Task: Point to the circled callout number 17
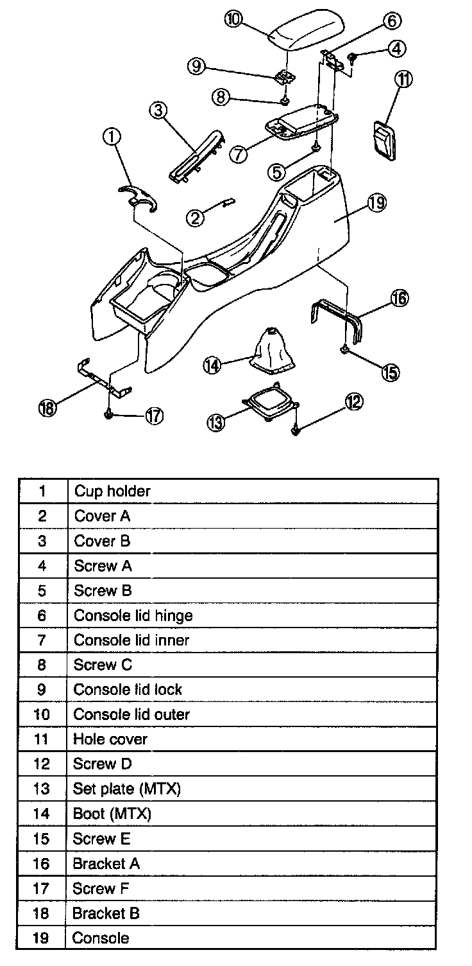coord(154,416)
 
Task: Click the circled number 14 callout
coord(212,365)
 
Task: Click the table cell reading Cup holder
coord(112,491)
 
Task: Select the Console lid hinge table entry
coord(133,615)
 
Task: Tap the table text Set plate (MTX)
coord(126,789)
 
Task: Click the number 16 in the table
coord(41,863)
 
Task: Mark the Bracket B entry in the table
coord(106,913)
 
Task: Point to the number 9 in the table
coord(42,690)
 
